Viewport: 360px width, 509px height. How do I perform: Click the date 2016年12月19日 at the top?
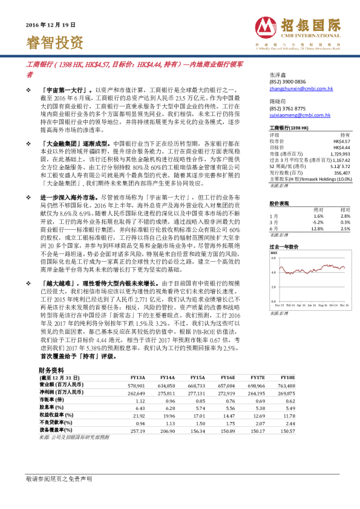tap(51, 25)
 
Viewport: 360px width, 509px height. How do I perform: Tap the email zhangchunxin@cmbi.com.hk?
tap(300, 88)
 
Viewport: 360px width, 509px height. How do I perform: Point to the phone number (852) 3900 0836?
tap(287, 81)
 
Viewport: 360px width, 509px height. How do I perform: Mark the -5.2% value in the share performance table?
tap(318, 222)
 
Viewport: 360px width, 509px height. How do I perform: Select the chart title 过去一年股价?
tap(284, 247)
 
